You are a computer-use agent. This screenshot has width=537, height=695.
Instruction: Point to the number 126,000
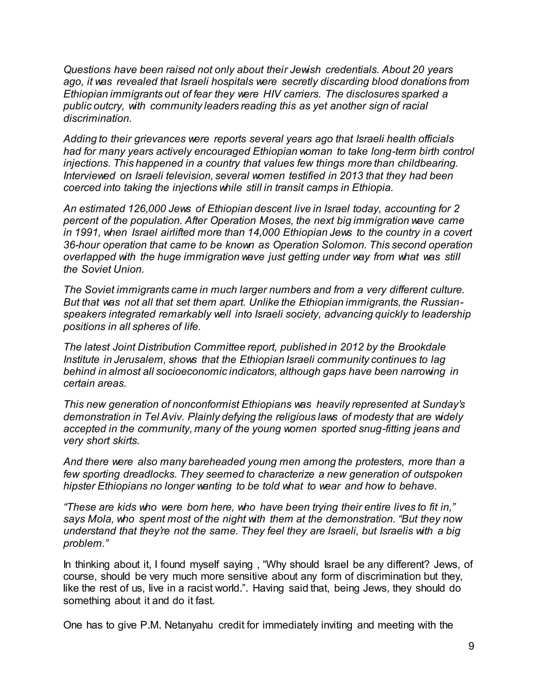coord(146,209)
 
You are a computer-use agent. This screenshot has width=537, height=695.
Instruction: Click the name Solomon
coord(340,245)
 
